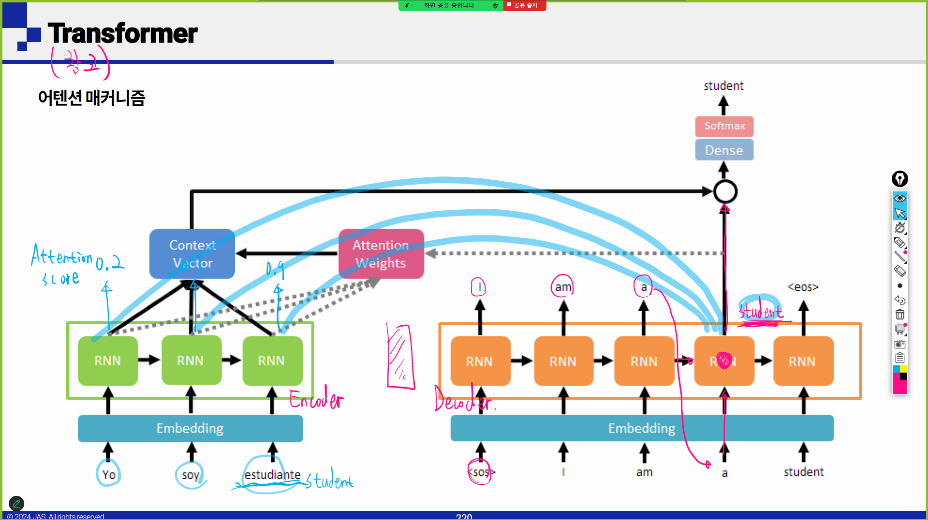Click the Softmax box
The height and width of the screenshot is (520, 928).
pyautogui.click(x=724, y=126)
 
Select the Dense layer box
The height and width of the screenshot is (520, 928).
pyautogui.click(x=724, y=150)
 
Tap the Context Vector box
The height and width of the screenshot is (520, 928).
pyautogui.click(x=192, y=254)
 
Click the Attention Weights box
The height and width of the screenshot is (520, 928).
pyautogui.click(x=381, y=254)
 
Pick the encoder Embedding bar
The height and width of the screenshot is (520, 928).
pyautogui.click(x=190, y=428)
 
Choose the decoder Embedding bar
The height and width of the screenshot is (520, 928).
pyautogui.click(x=642, y=428)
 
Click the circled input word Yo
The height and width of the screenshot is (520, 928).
pyautogui.click(x=109, y=475)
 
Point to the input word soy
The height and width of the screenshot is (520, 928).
pyautogui.click(x=191, y=475)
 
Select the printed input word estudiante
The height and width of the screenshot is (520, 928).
pyautogui.click(x=272, y=475)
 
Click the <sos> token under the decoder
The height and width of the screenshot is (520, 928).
pyautogui.click(x=481, y=472)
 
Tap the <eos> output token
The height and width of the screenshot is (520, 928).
pyautogui.click(x=803, y=287)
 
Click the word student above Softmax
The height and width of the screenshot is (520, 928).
pyautogui.click(x=723, y=86)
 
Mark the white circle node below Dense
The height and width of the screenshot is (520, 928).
pyautogui.click(x=725, y=192)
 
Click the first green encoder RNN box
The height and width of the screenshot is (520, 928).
pyautogui.click(x=107, y=361)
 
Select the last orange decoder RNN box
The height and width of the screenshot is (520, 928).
pyautogui.click(x=803, y=361)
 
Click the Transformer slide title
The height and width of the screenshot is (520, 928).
pyautogui.click(x=122, y=33)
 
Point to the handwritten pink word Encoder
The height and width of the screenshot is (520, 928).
pyautogui.click(x=317, y=399)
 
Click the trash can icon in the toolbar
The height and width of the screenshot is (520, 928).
pyautogui.click(x=899, y=315)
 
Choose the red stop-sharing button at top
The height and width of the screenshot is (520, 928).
pyautogui.click(x=525, y=5)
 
